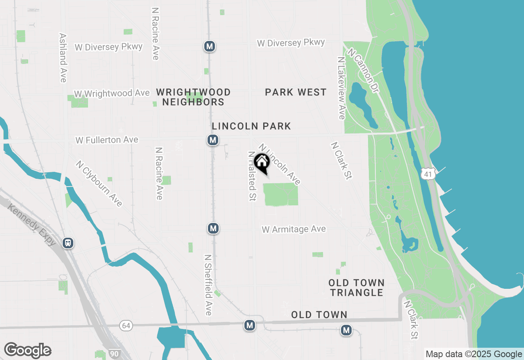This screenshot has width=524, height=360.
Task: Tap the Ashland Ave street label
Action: [63, 58]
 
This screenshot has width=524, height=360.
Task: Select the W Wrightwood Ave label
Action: [112, 94]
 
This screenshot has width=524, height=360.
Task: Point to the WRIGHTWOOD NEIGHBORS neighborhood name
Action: [193, 97]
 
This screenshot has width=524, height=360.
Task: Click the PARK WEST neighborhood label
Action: [296, 92]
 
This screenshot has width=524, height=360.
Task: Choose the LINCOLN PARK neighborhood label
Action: [251, 126]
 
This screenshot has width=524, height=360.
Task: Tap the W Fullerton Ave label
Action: [107, 140]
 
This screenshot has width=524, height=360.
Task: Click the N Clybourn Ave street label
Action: [99, 183]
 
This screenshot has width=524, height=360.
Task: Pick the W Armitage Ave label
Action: [294, 229]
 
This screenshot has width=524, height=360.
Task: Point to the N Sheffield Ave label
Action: [208, 285]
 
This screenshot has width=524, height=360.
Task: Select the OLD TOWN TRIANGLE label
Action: [357, 288]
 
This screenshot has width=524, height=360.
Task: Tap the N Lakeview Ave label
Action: [341, 88]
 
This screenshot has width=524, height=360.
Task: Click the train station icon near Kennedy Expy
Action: [68, 243]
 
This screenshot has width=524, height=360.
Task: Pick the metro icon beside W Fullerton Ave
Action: [212, 140]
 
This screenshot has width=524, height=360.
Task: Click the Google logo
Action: [27, 351]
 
